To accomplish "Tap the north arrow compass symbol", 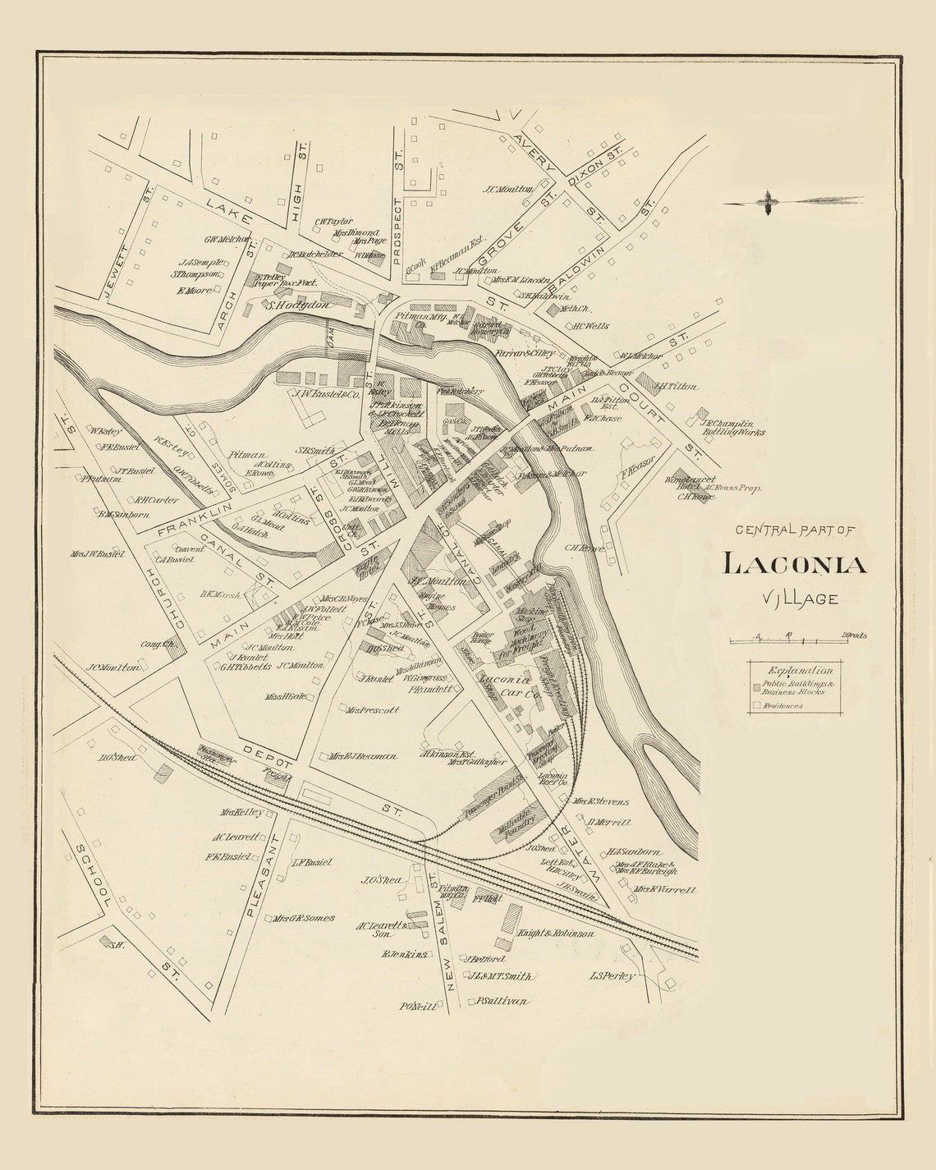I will tap(769, 201).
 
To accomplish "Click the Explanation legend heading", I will tap(795, 670).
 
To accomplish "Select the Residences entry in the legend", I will tap(782, 705).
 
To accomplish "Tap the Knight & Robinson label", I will tap(556, 934).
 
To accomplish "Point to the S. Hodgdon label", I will tap(299, 305).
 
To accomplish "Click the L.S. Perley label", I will tap(613, 976).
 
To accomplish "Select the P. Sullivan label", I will tap(502, 1001).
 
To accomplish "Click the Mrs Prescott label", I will tap(372, 709).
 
